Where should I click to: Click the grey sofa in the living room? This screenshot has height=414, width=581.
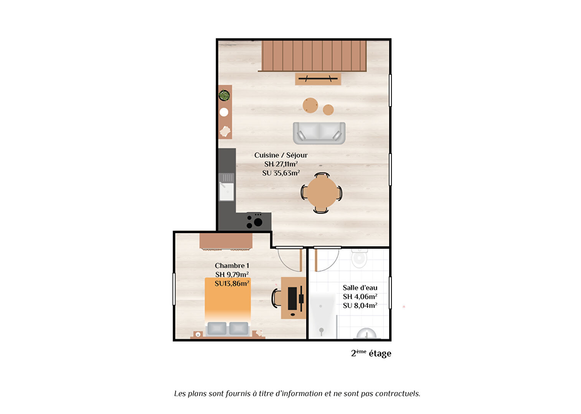(319, 133)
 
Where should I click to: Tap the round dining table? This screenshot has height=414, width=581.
(322, 193)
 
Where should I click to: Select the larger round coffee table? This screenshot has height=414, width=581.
(310, 105)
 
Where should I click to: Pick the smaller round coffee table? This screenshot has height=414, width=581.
(328, 110)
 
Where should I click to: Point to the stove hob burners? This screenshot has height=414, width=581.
(255, 222)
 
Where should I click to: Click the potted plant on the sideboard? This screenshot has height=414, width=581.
(224, 95)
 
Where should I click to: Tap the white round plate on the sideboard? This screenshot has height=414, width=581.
(224, 112)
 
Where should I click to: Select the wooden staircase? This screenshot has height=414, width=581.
(314, 56)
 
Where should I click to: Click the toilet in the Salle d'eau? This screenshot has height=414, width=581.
(359, 258)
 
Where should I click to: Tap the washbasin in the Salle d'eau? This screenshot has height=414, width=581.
(366, 333)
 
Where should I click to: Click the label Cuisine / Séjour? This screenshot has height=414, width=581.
(281, 155)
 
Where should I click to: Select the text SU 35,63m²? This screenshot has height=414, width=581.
(281, 173)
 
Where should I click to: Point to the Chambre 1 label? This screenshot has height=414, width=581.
(232, 266)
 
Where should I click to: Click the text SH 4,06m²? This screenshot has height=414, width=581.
(360, 296)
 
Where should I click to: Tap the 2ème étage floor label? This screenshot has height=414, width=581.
(371, 353)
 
